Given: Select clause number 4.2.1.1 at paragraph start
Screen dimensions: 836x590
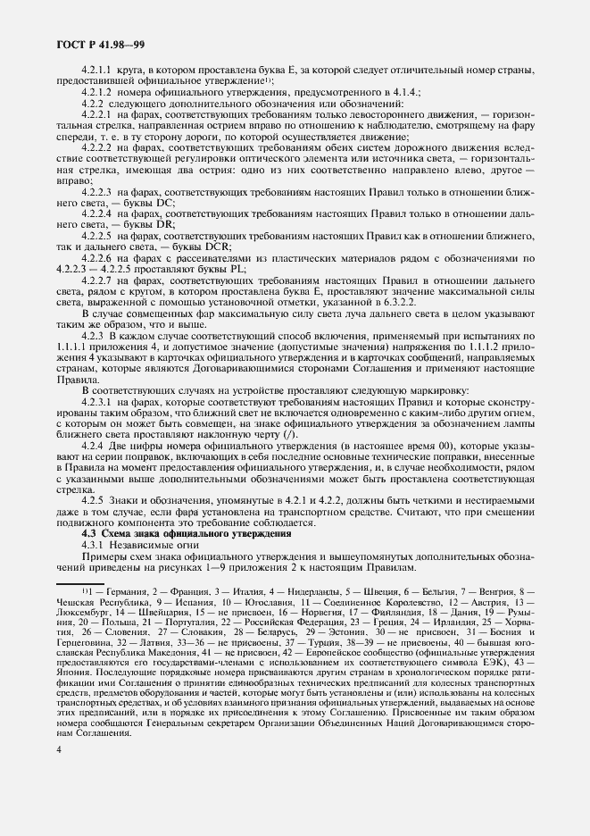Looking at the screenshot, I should (97, 69).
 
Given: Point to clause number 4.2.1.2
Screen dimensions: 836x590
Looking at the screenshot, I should (97, 91).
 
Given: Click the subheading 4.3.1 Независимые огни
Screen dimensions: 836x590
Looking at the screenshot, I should (134, 545).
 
